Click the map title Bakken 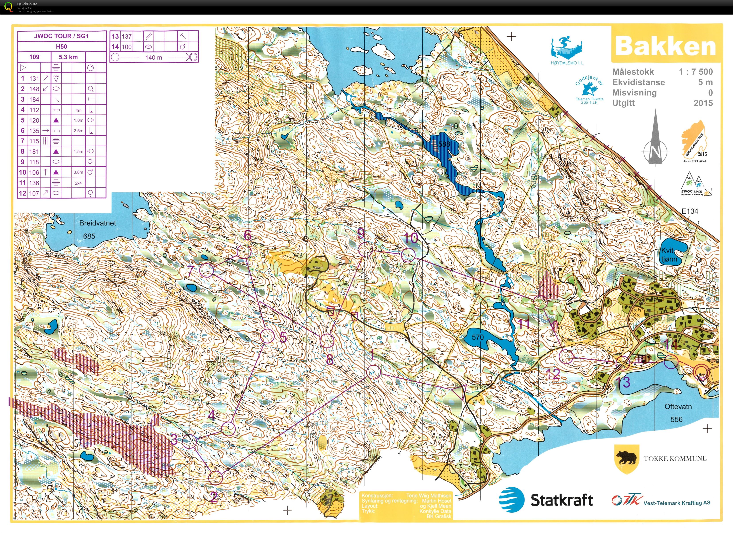point(665,47)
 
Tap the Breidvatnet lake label point(97,223)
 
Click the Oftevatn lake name point(678,407)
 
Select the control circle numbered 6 point(244,252)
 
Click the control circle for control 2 point(216,477)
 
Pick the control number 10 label point(411,238)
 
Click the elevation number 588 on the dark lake point(444,144)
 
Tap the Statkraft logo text point(562,500)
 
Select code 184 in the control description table point(34,99)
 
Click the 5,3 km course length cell point(68,57)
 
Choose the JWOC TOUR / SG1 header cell point(61,36)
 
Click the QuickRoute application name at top point(27,4)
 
